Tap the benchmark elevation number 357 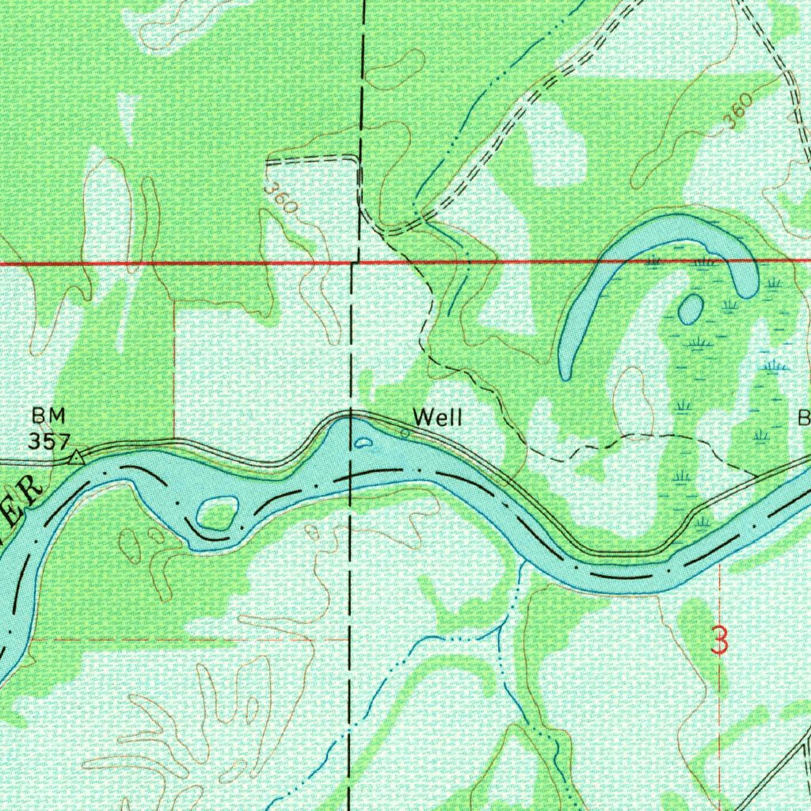coord(49,441)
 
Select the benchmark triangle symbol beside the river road coord(76,457)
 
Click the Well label coord(436,418)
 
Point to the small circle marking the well coord(405,433)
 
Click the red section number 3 coord(719,640)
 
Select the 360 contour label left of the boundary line coord(281,199)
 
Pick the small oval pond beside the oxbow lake coord(690,309)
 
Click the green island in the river coord(218,512)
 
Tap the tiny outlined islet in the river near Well coord(364,444)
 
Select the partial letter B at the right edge coord(804,418)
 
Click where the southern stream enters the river coord(523,564)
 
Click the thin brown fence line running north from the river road coord(174,356)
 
